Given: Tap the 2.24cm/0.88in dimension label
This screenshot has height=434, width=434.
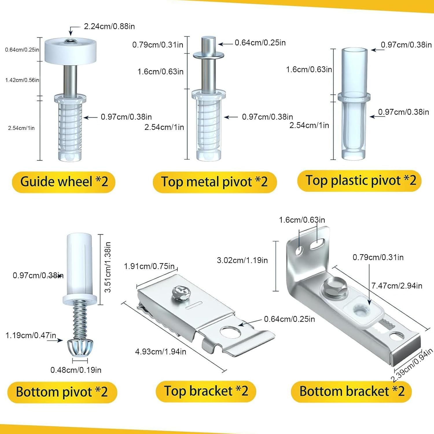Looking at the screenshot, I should pos(109,26).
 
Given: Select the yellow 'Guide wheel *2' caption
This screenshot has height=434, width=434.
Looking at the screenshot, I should pos(64,182).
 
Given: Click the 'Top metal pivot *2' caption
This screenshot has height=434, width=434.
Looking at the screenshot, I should pos(214,182).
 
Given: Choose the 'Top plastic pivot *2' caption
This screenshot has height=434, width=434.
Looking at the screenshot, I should pos(359,181).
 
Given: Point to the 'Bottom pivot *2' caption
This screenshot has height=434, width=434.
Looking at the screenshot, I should pos(62,392).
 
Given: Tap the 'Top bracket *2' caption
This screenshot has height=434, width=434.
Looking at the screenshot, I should pos(206,391).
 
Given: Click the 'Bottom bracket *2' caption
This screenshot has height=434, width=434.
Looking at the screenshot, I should pos(351,391).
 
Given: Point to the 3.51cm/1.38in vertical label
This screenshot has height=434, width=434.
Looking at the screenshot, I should pos(108,267).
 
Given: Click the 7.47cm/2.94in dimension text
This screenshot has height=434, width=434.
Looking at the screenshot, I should pos(397,286).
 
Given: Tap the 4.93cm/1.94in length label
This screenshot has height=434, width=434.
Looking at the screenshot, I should pos(161,352).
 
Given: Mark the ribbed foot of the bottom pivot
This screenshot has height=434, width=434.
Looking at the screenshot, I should pos(77,348).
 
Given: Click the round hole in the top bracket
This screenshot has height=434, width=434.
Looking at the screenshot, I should pos(230,332).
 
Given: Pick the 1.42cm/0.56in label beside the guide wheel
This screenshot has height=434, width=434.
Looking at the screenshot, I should pos(22,80).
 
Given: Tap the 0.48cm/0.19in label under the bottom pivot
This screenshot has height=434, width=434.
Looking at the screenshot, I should pos(76,370).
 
